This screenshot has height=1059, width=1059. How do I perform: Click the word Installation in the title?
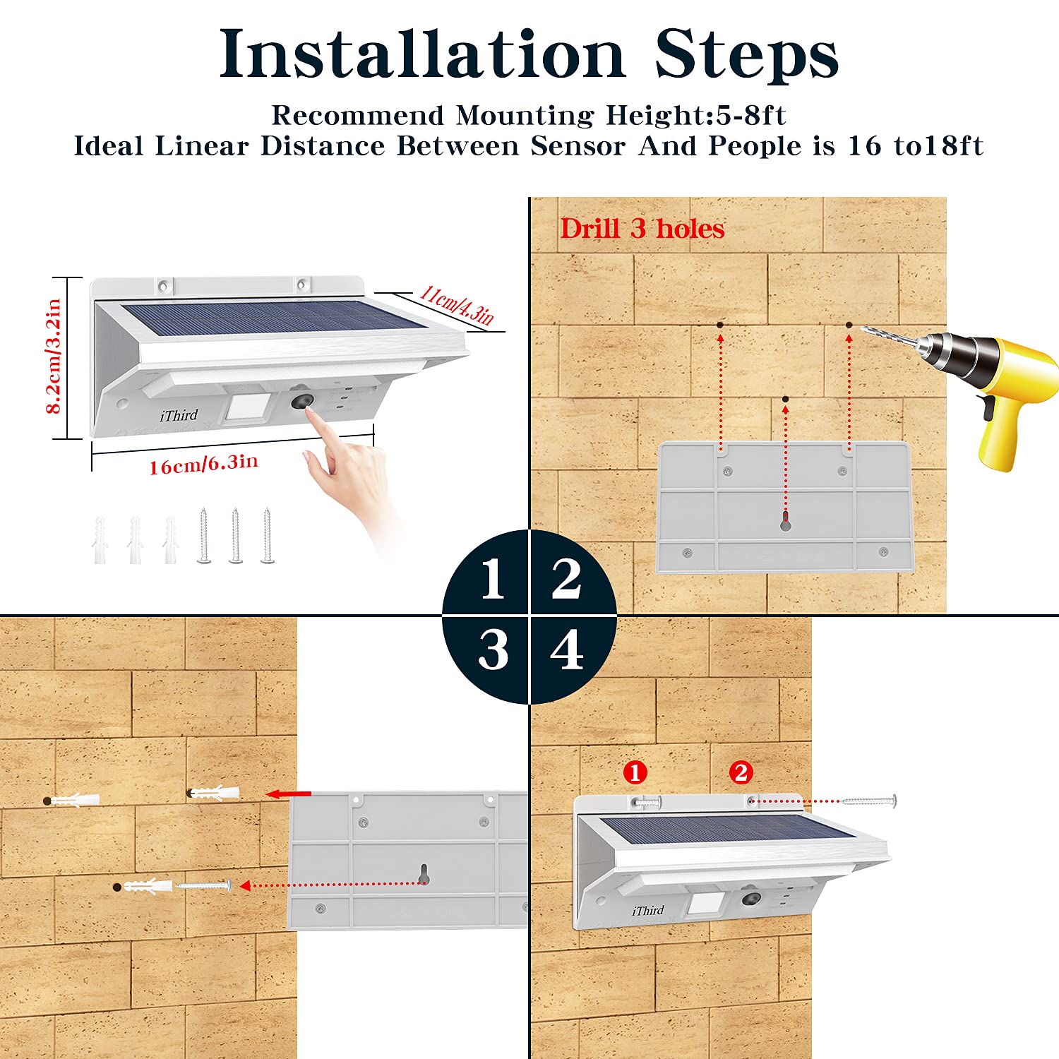click(x=422, y=55)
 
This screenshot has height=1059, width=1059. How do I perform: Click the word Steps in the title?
click(x=746, y=55)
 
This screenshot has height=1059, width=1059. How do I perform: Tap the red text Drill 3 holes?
click(x=642, y=229)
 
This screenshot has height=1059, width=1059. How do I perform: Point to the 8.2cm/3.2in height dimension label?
click(x=53, y=357)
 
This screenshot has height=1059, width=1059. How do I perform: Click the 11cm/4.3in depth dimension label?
click(x=456, y=305)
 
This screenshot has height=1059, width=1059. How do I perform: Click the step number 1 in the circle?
click(x=492, y=579)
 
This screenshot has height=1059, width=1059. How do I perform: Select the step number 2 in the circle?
click(x=566, y=579)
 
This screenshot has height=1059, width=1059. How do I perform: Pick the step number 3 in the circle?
click(x=493, y=650)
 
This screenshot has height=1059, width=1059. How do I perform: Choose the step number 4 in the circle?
click(x=567, y=650)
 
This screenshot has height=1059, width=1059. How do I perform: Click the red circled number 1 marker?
click(x=635, y=772)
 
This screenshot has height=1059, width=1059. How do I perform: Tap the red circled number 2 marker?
click(x=741, y=772)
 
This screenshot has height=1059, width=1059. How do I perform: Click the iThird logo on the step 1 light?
click(x=179, y=415)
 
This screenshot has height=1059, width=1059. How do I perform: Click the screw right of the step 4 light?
click(x=868, y=801)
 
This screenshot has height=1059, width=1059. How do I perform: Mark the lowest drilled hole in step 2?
click(x=785, y=399)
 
